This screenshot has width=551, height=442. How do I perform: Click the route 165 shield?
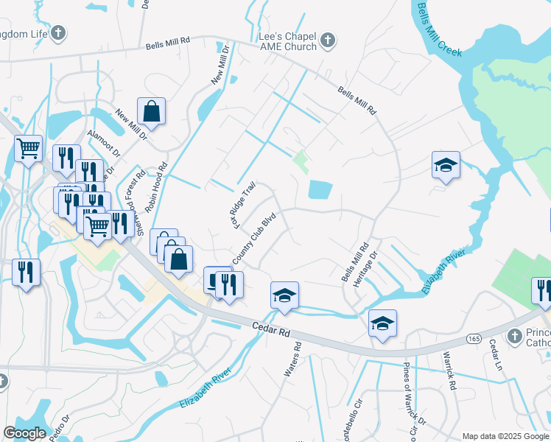(474, 338)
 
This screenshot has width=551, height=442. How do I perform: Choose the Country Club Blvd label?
(253, 239)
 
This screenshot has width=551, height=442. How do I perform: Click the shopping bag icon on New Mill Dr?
(151, 111)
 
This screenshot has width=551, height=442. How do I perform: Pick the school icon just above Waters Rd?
(284, 295)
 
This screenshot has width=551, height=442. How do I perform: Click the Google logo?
(24, 433)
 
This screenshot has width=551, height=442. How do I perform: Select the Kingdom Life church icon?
(59, 33)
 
